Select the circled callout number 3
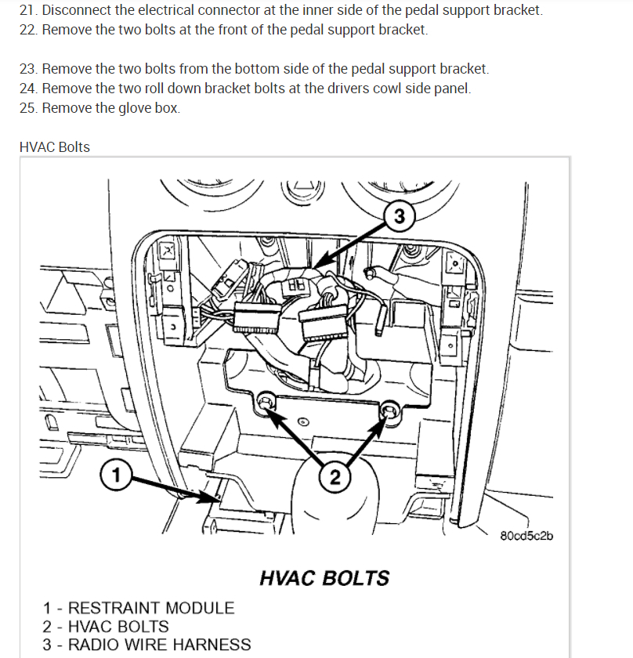point(400,217)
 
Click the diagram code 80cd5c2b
point(526,536)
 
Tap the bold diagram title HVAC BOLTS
point(324,578)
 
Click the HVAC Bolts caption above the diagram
point(55,146)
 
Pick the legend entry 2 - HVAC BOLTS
point(107,626)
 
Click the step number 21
point(28,11)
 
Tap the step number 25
point(28,107)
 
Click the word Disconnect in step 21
point(76,11)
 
